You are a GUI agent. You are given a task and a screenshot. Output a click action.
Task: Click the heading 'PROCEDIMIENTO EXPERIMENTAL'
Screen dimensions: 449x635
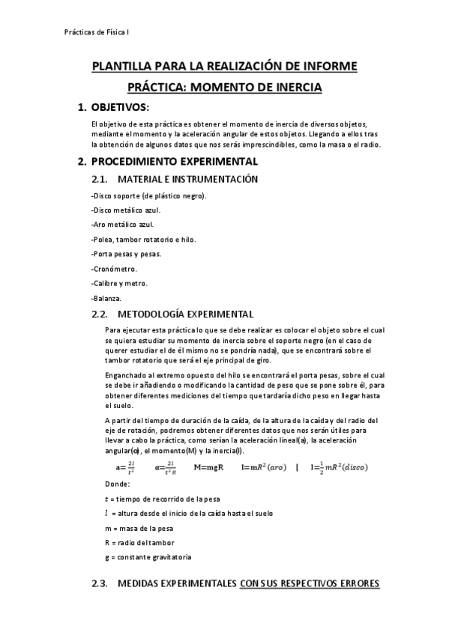click(x=174, y=161)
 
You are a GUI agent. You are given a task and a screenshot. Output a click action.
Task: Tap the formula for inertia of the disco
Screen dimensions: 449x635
click(x=345, y=468)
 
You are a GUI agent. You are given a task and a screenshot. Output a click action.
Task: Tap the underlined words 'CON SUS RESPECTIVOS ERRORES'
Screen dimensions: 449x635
click(x=310, y=583)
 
